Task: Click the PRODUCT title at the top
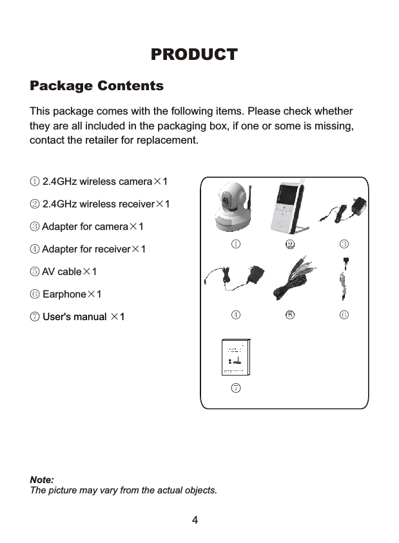194,55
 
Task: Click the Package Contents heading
97,86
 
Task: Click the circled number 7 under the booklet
237,388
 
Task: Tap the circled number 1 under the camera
237,243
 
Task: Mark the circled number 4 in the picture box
237,315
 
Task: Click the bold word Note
42,481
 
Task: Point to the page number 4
194,520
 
